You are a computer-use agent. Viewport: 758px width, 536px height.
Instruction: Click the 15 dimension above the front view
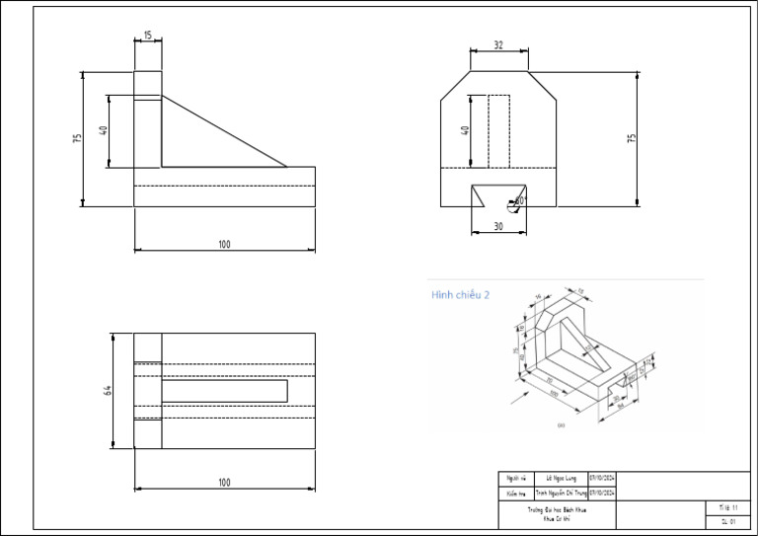pos(147,36)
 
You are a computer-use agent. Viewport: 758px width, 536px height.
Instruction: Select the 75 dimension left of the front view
pos(77,139)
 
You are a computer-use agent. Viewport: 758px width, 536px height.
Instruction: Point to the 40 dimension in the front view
pos(103,131)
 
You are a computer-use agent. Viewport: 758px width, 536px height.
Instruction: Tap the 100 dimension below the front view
pos(224,244)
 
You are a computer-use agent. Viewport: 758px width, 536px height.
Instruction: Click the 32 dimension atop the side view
pos(498,45)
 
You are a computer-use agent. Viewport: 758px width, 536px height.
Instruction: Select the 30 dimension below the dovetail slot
pos(497,227)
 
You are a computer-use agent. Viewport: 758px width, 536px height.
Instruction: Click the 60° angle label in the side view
pos(520,200)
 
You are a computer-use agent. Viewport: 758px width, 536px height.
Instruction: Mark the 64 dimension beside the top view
pos(108,390)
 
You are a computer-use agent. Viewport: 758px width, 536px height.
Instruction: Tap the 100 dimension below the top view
pos(224,482)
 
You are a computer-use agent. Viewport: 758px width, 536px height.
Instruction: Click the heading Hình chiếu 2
pos(459,295)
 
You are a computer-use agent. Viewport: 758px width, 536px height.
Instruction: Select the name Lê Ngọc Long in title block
pos(560,479)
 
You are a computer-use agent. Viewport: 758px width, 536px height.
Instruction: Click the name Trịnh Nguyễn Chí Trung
pos(561,493)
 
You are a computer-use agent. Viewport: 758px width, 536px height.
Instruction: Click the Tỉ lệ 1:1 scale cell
pos(728,506)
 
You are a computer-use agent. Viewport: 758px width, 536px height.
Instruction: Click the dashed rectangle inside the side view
pos(498,131)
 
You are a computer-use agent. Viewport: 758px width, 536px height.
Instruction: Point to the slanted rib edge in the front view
pos(224,131)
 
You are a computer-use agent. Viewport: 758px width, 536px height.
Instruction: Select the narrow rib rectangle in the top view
pos(224,391)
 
